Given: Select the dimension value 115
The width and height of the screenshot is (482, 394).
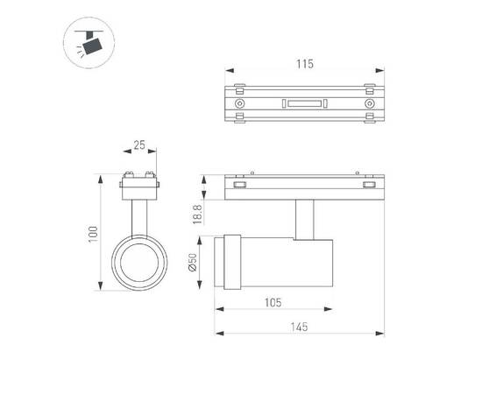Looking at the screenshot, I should (304, 64).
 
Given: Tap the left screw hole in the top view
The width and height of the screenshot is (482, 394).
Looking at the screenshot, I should (240, 103).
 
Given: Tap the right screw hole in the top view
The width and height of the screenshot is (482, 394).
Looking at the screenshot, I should (368, 103).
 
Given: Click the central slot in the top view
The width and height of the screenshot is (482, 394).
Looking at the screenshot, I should (304, 104).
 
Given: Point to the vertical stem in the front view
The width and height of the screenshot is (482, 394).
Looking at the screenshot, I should (138, 215).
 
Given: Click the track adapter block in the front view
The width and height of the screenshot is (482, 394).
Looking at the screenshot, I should (138, 186).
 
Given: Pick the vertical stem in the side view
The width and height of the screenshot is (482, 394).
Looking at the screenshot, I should (304, 218).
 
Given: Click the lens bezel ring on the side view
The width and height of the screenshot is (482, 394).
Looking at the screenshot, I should (232, 263).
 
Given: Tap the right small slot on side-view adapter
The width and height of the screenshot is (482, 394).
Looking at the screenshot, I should (368, 185).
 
